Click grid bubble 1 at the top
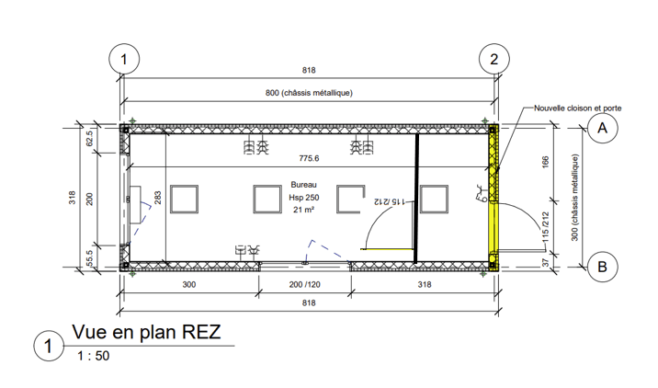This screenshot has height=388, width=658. [x=123, y=60]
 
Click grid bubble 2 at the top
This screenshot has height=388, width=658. [x=494, y=60]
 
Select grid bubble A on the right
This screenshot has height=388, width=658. [x=604, y=129]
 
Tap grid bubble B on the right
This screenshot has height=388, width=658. [x=604, y=267]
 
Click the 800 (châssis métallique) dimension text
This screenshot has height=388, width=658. [x=309, y=93]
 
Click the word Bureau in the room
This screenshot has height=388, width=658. [x=303, y=184]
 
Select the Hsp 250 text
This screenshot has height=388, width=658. [x=303, y=198]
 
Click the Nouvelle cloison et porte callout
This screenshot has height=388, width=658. [x=579, y=108]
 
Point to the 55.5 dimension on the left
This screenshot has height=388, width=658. [x=90, y=257]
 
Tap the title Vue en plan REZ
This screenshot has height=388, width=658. [x=147, y=332]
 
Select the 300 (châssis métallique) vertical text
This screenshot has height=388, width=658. [x=576, y=199]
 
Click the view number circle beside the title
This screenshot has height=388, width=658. [x=47, y=348]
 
